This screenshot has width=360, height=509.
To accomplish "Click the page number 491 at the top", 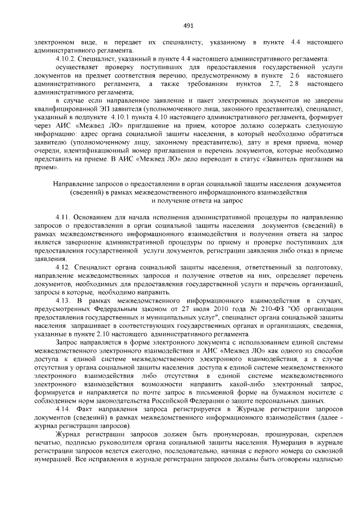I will pos(188,25).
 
